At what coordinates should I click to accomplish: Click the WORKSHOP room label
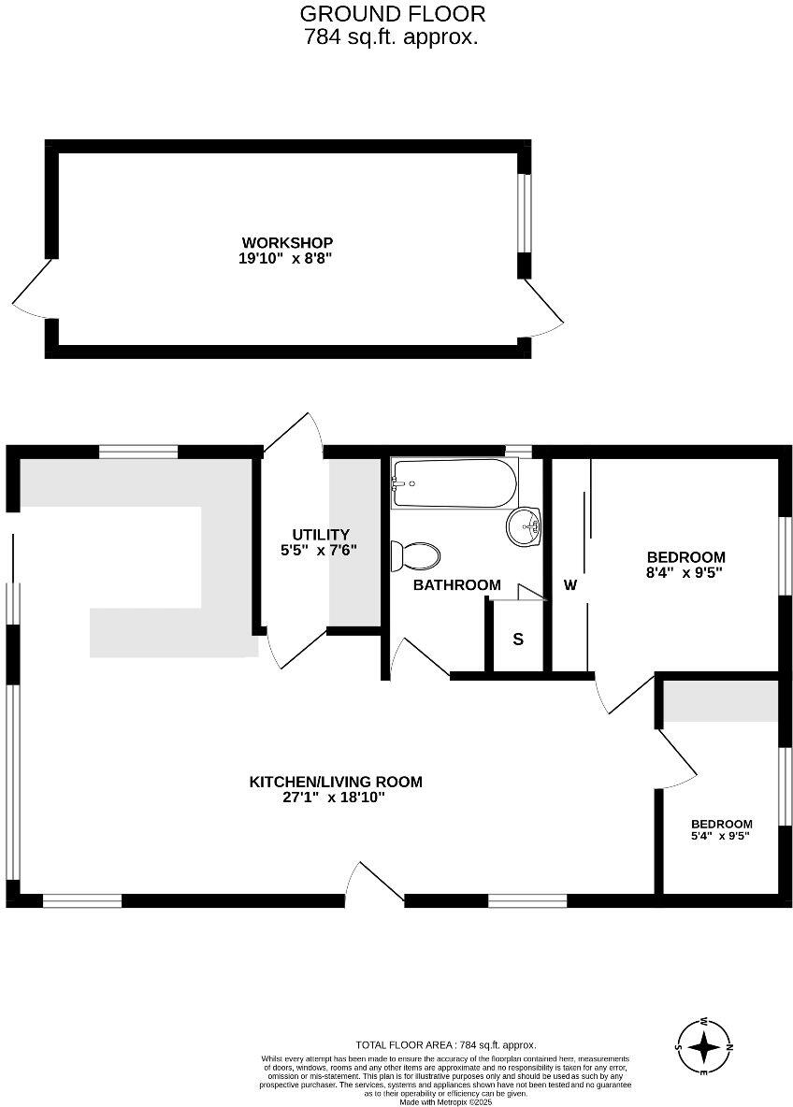tap(285, 243)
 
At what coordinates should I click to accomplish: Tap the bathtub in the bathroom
tap(454, 482)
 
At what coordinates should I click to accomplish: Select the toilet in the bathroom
tap(417, 556)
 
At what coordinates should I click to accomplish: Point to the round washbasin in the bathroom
tap(525, 526)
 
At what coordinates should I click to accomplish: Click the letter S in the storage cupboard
tap(517, 640)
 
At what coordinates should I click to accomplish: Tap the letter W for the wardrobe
tap(570, 585)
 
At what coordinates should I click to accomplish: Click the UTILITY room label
tap(320, 535)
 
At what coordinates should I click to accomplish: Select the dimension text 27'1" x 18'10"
tap(335, 798)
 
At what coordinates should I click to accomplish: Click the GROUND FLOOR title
tap(392, 14)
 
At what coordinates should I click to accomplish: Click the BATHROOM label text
tap(457, 585)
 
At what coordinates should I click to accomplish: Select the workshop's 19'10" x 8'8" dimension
tap(285, 259)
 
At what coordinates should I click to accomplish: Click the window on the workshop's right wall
tap(525, 212)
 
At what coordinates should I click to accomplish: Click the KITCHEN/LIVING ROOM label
tap(335, 782)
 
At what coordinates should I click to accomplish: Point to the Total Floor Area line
tap(445, 1045)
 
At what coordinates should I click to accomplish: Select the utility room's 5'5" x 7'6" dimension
tap(320, 551)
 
